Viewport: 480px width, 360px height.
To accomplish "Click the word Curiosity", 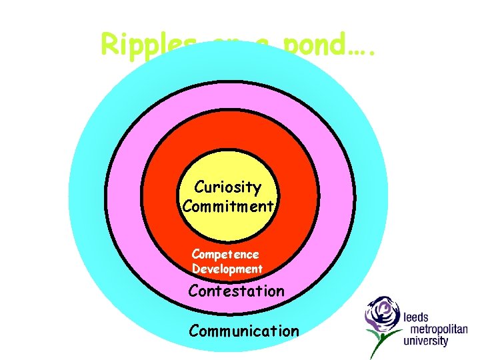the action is [x=227, y=188].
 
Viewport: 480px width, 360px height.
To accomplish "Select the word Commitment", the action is [x=227, y=206].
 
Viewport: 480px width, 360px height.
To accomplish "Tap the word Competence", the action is [x=225, y=254].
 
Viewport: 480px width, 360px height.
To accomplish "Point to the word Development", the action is [x=227, y=269].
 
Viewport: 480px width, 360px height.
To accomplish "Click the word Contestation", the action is [x=236, y=291].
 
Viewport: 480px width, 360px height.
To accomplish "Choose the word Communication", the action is [x=244, y=331].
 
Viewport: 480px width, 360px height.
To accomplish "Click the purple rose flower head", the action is [x=383, y=313].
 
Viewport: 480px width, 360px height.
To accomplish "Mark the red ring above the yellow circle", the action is [x=229, y=133].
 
